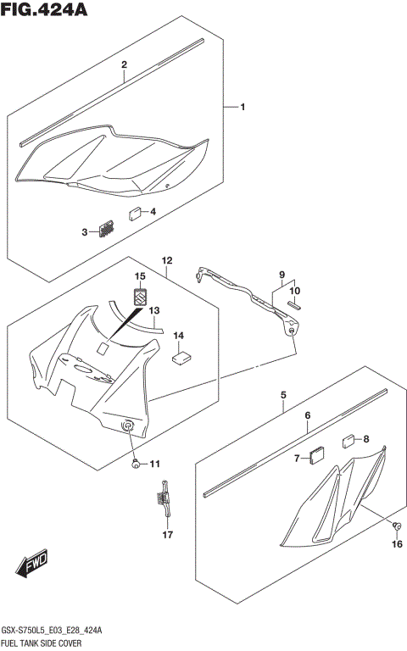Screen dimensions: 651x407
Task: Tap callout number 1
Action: click(x=242, y=107)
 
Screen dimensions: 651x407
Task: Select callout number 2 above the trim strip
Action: click(x=124, y=64)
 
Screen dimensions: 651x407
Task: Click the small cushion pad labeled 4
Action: click(x=136, y=214)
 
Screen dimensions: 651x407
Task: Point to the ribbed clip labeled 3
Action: click(x=106, y=229)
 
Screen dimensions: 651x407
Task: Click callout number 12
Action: click(x=167, y=260)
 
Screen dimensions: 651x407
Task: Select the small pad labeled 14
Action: click(x=181, y=358)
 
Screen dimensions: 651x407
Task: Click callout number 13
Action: click(x=154, y=311)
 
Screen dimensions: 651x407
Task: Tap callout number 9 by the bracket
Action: click(x=282, y=275)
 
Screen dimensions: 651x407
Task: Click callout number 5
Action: click(x=283, y=395)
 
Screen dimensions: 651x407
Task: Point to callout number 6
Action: click(x=308, y=415)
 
